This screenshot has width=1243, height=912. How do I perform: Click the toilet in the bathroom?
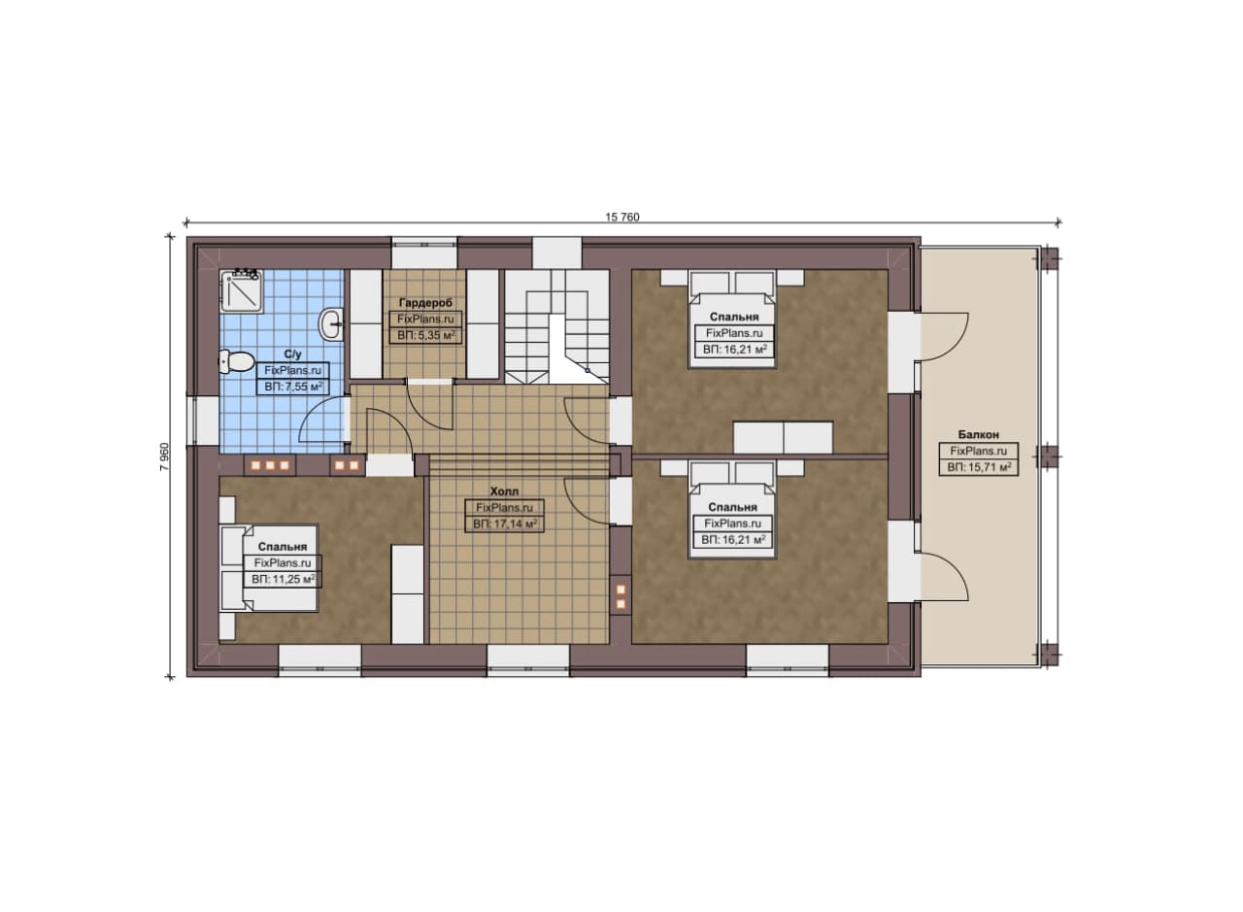coord(235,362)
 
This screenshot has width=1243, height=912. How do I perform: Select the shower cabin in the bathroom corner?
coord(241,289)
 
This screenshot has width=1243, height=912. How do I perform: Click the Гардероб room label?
coord(425,303)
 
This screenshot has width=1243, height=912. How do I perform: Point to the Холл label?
coord(504,491)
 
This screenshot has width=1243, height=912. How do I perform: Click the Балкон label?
coord(978,434)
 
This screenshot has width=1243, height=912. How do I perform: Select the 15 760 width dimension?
coord(622,217)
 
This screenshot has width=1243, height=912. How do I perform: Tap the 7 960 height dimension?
coord(164,456)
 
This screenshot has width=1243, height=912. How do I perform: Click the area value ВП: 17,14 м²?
coord(505,524)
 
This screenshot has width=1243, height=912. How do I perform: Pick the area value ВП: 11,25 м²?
coord(284,579)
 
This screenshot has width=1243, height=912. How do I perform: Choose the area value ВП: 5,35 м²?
coord(426,335)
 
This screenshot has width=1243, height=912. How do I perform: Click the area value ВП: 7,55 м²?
coord(293,387)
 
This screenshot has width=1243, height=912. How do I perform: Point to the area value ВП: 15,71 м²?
coord(979,467)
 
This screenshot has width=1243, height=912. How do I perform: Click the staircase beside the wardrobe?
coord(556,325)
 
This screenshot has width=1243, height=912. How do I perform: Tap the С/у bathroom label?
coord(293,355)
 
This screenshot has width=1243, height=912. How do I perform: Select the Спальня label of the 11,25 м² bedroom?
coord(283,547)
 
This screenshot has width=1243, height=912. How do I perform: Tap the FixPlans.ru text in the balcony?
coord(979,452)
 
